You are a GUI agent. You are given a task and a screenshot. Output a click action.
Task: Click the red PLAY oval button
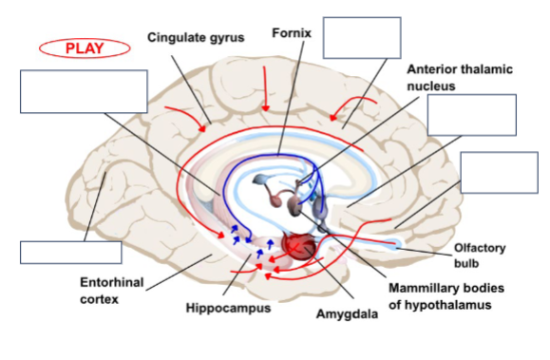click(x=85, y=48)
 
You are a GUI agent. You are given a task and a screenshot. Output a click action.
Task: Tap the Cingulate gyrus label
click(x=196, y=38)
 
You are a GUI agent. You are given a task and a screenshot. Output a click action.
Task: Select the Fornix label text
click(x=292, y=33)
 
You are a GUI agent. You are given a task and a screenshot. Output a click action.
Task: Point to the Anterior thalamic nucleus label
click(x=460, y=78)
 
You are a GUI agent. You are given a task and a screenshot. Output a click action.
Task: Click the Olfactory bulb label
click(x=480, y=256)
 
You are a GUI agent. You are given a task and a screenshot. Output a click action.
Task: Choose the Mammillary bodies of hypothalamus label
click(x=446, y=296)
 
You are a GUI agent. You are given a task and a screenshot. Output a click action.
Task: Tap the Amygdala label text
click(x=347, y=314)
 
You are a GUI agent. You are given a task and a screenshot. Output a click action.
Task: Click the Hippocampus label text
click(x=228, y=308)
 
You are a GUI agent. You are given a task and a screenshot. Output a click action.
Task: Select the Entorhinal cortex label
click(x=111, y=291)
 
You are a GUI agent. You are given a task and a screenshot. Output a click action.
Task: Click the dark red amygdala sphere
click(x=298, y=246)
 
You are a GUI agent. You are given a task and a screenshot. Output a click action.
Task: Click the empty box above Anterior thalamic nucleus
click(x=362, y=38)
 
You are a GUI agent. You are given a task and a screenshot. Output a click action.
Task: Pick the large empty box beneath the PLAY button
click(x=84, y=91)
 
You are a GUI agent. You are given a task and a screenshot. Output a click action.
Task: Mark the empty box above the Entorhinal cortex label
click(x=71, y=253)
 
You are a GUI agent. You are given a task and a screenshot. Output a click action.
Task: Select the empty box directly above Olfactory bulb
click(x=499, y=173)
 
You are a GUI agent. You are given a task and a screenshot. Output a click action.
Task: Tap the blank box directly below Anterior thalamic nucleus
click(x=472, y=115)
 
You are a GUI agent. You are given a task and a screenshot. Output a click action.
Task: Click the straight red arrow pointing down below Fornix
click(x=265, y=88)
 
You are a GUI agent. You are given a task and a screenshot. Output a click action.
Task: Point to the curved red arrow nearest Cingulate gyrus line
click(x=186, y=115)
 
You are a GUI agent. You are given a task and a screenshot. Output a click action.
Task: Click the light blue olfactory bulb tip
click(x=394, y=243)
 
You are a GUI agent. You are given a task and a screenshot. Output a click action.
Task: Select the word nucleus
click(x=431, y=86)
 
